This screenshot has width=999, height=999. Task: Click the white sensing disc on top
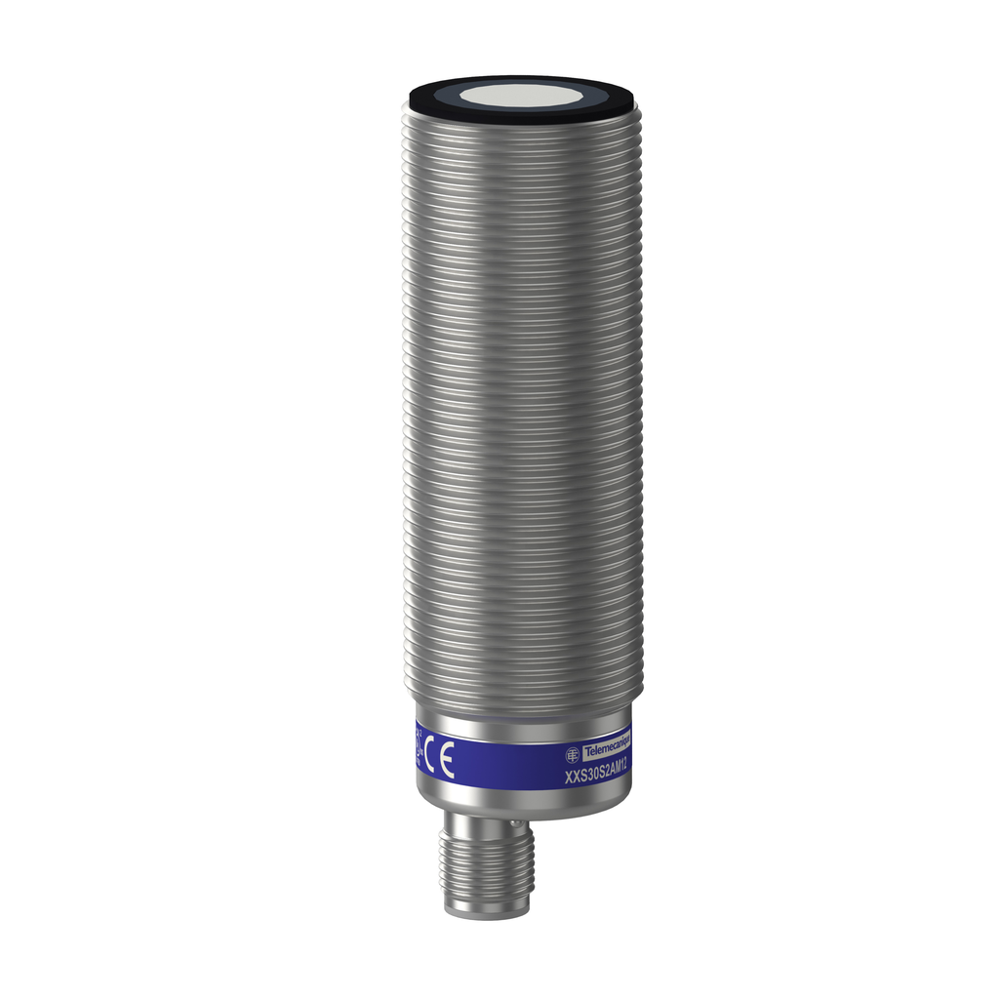[x=522, y=96]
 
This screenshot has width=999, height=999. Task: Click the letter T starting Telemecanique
[x=586, y=752]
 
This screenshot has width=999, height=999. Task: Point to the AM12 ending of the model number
[x=619, y=768]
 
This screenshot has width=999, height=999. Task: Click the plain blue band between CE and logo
[x=507, y=764]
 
